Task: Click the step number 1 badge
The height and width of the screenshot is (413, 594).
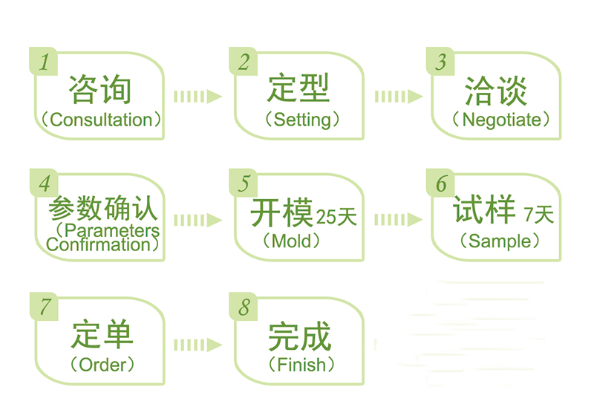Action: [x=44, y=61]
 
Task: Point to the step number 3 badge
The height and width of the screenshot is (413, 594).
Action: [x=442, y=61]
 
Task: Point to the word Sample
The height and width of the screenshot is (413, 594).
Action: [x=500, y=241]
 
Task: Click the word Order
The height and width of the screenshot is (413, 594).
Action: [x=102, y=365]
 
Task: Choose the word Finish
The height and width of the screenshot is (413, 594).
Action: [x=300, y=365]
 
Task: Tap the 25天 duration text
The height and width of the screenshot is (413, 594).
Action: [x=336, y=217]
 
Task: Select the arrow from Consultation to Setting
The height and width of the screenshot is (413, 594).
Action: [x=198, y=96]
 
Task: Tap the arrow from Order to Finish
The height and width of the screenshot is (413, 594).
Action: [x=198, y=344]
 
